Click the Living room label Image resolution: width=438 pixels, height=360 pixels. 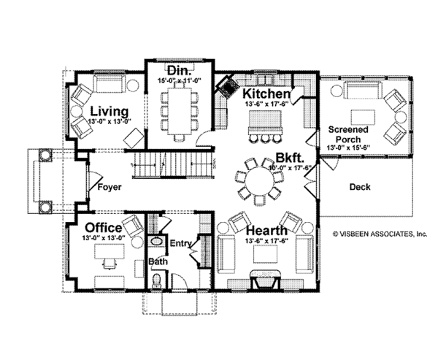(x=109, y=111)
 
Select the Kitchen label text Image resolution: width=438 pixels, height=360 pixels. (x=267, y=94)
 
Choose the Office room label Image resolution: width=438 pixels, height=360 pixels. (x=104, y=227)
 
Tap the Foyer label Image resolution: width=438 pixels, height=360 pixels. (x=109, y=188)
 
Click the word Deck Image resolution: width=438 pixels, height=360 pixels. (x=359, y=187)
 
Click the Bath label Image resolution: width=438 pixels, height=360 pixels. (x=158, y=261)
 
